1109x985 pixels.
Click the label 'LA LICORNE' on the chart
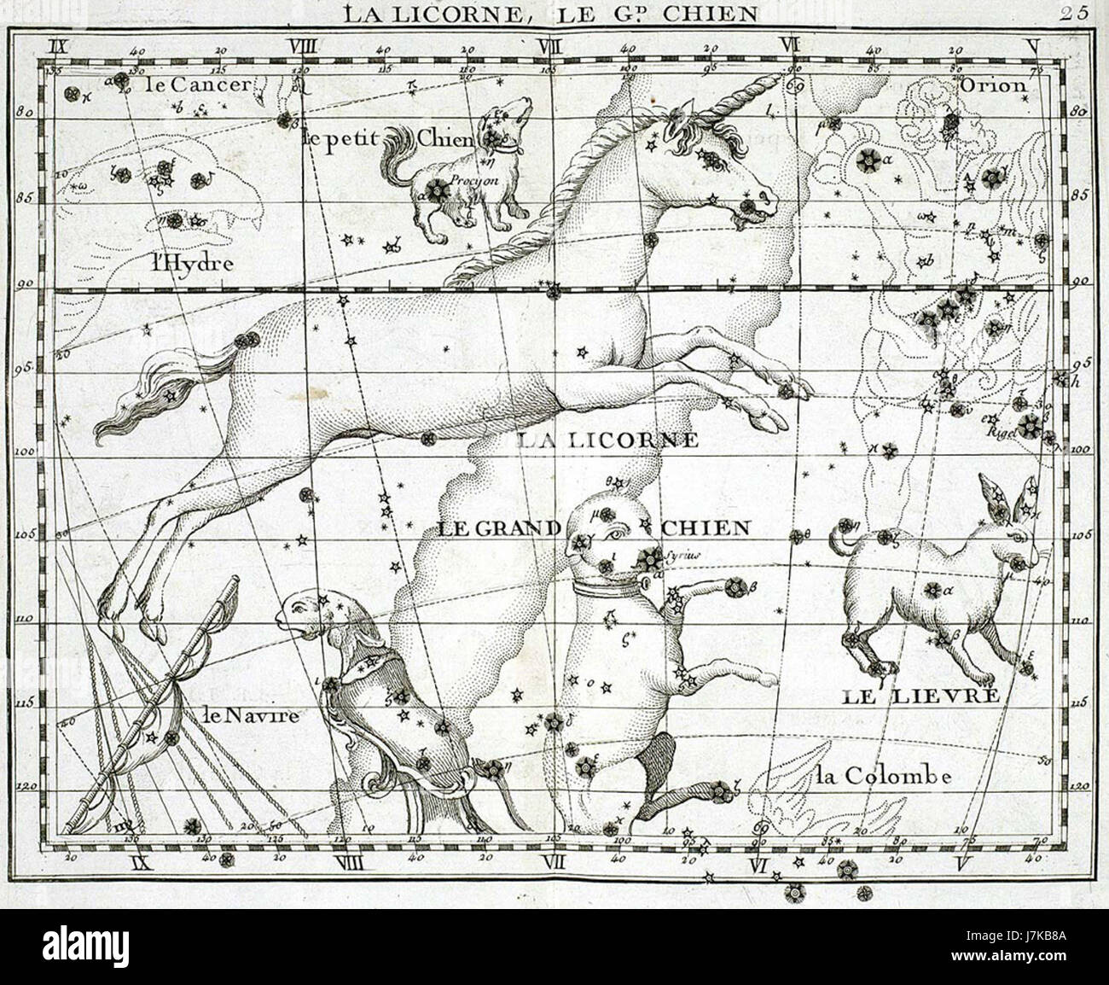(608, 440)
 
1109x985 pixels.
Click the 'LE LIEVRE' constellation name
(920, 696)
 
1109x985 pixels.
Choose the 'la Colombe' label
(882, 776)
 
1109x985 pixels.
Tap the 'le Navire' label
(252, 715)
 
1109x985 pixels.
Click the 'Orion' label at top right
(993, 85)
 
